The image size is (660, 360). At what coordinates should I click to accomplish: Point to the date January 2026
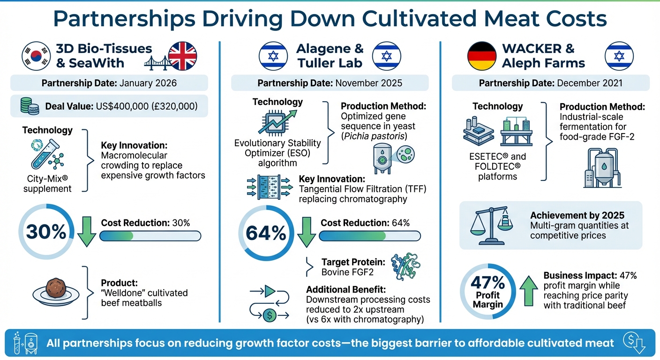148,83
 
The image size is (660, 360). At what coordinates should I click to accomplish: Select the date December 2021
590,83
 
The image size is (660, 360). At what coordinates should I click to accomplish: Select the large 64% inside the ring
266,232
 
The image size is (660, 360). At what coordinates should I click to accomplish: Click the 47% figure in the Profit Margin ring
488,283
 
